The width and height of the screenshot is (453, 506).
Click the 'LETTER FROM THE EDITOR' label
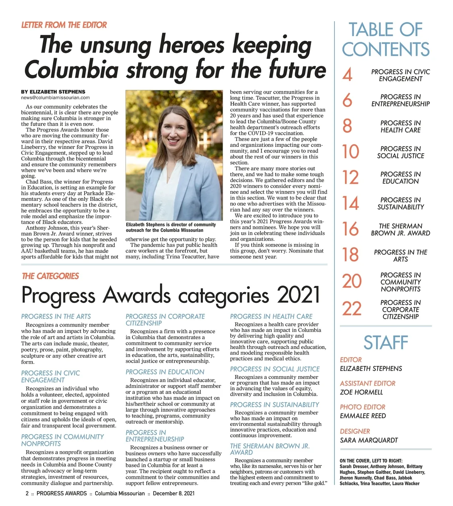(64, 25)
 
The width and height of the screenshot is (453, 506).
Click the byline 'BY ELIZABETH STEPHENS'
(53, 92)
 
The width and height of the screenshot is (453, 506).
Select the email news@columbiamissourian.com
(55, 97)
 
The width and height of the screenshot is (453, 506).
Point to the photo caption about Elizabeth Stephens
(171, 227)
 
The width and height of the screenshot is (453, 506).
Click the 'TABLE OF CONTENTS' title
(385, 40)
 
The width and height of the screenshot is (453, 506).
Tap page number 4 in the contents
(347, 75)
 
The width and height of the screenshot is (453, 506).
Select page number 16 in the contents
(350, 229)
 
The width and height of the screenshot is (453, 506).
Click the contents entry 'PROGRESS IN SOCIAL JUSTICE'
(401, 152)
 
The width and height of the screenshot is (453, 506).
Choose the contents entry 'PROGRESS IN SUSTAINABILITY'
(401, 203)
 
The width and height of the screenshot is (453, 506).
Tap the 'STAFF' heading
(385, 342)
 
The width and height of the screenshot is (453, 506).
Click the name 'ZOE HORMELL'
(361, 392)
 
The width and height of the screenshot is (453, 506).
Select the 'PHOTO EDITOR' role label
(362, 407)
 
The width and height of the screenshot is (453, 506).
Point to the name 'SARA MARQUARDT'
(369, 440)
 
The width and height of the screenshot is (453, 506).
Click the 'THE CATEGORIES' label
(51, 276)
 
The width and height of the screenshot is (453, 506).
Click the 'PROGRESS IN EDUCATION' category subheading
(165, 372)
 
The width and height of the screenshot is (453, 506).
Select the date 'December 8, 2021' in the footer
(174, 494)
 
